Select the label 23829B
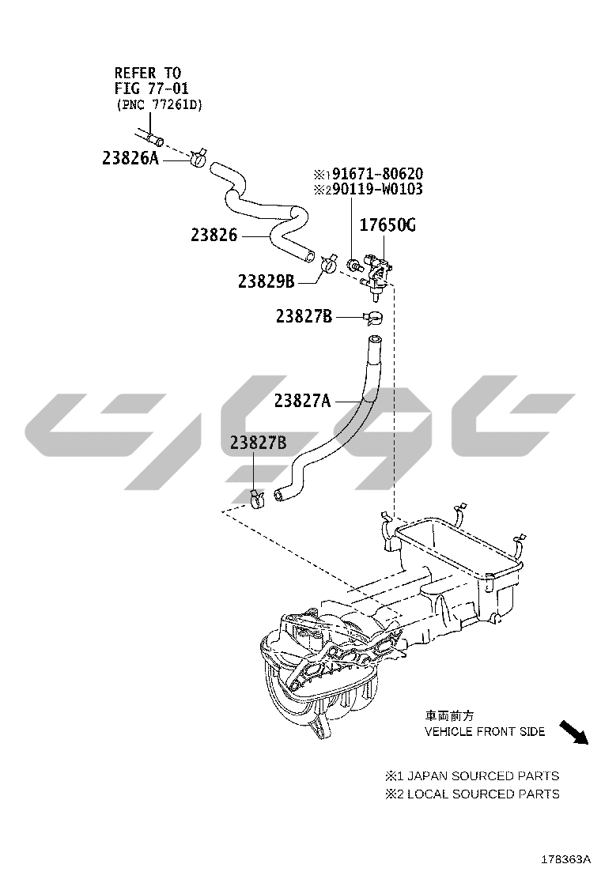tap(266, 281)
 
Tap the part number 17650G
tap(387, 226)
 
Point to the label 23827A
tap(302, 401)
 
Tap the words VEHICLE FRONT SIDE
tap(485, 732)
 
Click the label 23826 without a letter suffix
tap(214, 236)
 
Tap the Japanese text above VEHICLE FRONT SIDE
tap(449, 715)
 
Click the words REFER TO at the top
tap(148, 73)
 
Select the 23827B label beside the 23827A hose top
tap(304, 316)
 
